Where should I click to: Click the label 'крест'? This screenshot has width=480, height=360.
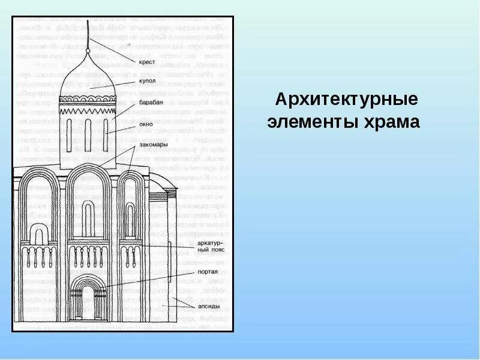148,62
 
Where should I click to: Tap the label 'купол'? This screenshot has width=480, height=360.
147,80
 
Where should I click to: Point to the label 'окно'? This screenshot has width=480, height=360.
146,125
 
